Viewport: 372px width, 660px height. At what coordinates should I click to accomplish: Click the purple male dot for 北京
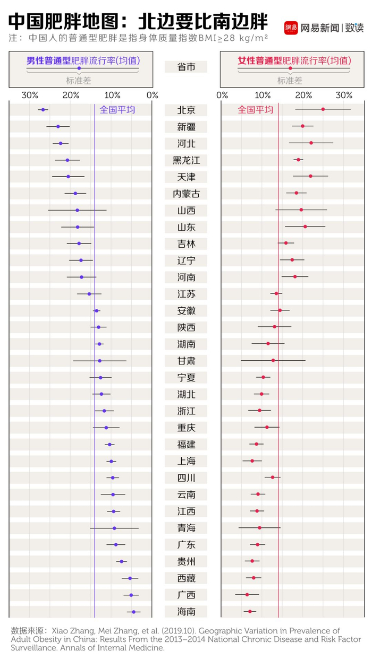coord(43,110)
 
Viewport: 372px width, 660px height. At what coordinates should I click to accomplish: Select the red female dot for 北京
coord(323,109)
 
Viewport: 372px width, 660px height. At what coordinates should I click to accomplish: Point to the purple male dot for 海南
coord(134,612)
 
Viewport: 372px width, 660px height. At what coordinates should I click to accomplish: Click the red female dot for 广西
coord(247,595)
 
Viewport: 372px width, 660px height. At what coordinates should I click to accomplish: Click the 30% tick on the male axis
coord(30,95)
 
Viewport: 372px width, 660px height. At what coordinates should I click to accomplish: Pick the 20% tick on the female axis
coord(303,95)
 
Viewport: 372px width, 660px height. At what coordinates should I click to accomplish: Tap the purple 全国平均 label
coord(117,110)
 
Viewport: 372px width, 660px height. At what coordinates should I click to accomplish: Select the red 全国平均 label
coord(255,110)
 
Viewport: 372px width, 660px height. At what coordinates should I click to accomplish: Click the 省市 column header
coord(185,67)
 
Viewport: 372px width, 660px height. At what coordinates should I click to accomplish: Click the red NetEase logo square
coord(291,27)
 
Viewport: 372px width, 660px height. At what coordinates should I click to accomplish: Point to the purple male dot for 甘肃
coord(99,361)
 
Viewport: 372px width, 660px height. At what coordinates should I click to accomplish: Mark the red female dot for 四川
coord(273,477)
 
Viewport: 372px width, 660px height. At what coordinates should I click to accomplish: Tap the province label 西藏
coord(186,578)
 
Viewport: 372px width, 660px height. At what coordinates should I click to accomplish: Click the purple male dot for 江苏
coord(89,294)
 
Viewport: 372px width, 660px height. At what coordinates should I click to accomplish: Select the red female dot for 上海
coord(252,461)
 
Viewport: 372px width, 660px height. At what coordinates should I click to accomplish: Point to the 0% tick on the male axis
coord(153,95)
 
